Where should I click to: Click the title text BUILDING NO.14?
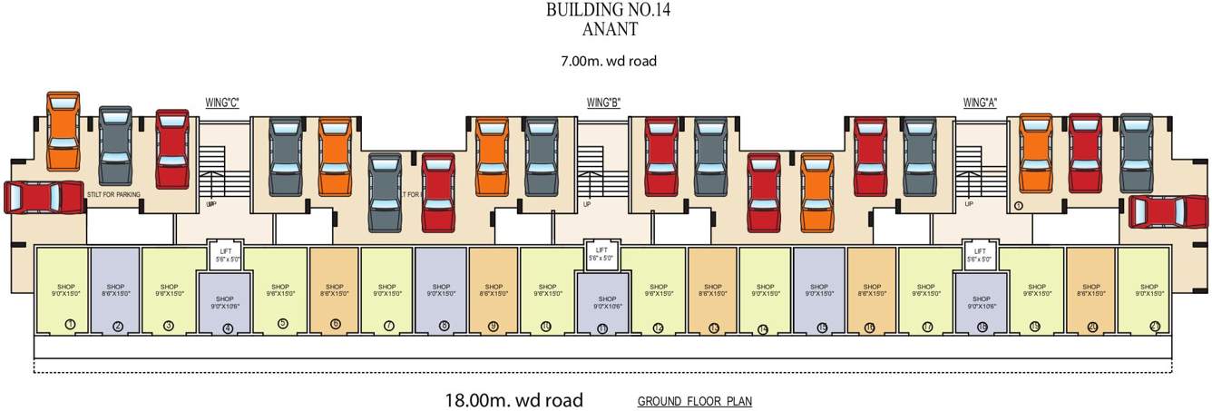pyautogui.click(x=608, y=10)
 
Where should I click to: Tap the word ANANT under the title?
pyautogui.click(x=608, y=28)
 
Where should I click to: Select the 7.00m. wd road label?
pyautogui.click(x=608, y=62)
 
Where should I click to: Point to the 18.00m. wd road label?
pyautogui.click(x=513, y=399)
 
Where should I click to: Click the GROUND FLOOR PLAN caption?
pyautogui.click(x=694, y=401)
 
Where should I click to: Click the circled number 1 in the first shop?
pyautogui.click(x=70, y=324)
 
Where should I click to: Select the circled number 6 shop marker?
pyautogui.click(x=336, y=324)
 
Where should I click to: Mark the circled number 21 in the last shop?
pyautogui.click(x=1155, y=324)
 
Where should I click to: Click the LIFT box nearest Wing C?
pyautogui.click(x=223, y=255)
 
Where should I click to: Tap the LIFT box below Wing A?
pyautogui.click(x=980, y=255)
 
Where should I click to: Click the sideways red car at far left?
pyautogui.click(x=44, y=197)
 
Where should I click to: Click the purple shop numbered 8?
pyautogui.click(x=441, y=290)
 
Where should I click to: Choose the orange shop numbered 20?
pyautogui.click(x=1090, y=290)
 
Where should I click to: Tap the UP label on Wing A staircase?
pyautogui.click(x=968, y=204)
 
